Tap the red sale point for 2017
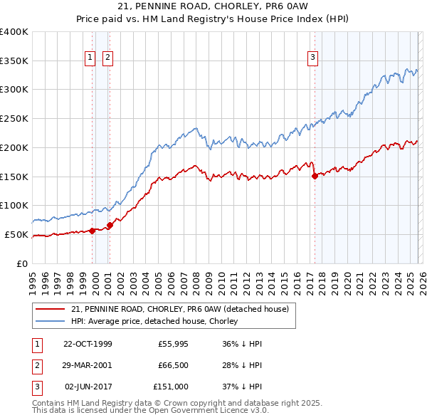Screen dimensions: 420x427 (x=315, y=176)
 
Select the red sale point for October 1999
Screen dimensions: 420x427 (x=93, y=231)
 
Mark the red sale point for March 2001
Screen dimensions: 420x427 (x=110, y=225)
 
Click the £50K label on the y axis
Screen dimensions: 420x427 (x=16, y=234)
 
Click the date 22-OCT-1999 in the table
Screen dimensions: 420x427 (x=88, y=344)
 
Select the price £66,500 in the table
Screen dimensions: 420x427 (x=172, y=365)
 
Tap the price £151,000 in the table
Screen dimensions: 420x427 (x=171, y=387)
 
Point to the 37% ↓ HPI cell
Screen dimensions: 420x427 (x=242, y=387)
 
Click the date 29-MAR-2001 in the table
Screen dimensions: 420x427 (x=88, y=365)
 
